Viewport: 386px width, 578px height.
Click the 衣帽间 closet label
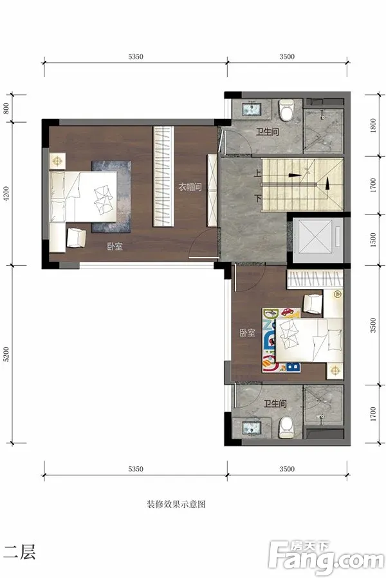190,187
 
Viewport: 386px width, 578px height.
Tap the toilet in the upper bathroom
286,110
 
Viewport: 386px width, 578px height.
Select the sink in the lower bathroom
252,428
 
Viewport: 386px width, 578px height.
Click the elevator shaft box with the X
315,236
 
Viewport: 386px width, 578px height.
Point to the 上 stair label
257,173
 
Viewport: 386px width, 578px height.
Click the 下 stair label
257,198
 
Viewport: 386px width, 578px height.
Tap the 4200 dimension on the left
6,194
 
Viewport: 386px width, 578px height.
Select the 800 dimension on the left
6,109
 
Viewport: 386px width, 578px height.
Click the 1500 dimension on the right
373,240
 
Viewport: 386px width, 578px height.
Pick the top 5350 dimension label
136,57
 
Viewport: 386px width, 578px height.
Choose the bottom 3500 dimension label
287,469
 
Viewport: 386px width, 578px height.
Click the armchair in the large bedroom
76,238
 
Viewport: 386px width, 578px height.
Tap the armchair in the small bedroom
313,304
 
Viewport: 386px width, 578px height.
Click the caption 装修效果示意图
176,504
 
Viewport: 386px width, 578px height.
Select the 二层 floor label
19,552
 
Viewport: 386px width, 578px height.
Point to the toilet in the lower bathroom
286,427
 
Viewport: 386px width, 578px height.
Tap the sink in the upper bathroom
252,109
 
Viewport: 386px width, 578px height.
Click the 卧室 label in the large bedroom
115,247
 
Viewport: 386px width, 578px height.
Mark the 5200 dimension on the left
6,355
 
